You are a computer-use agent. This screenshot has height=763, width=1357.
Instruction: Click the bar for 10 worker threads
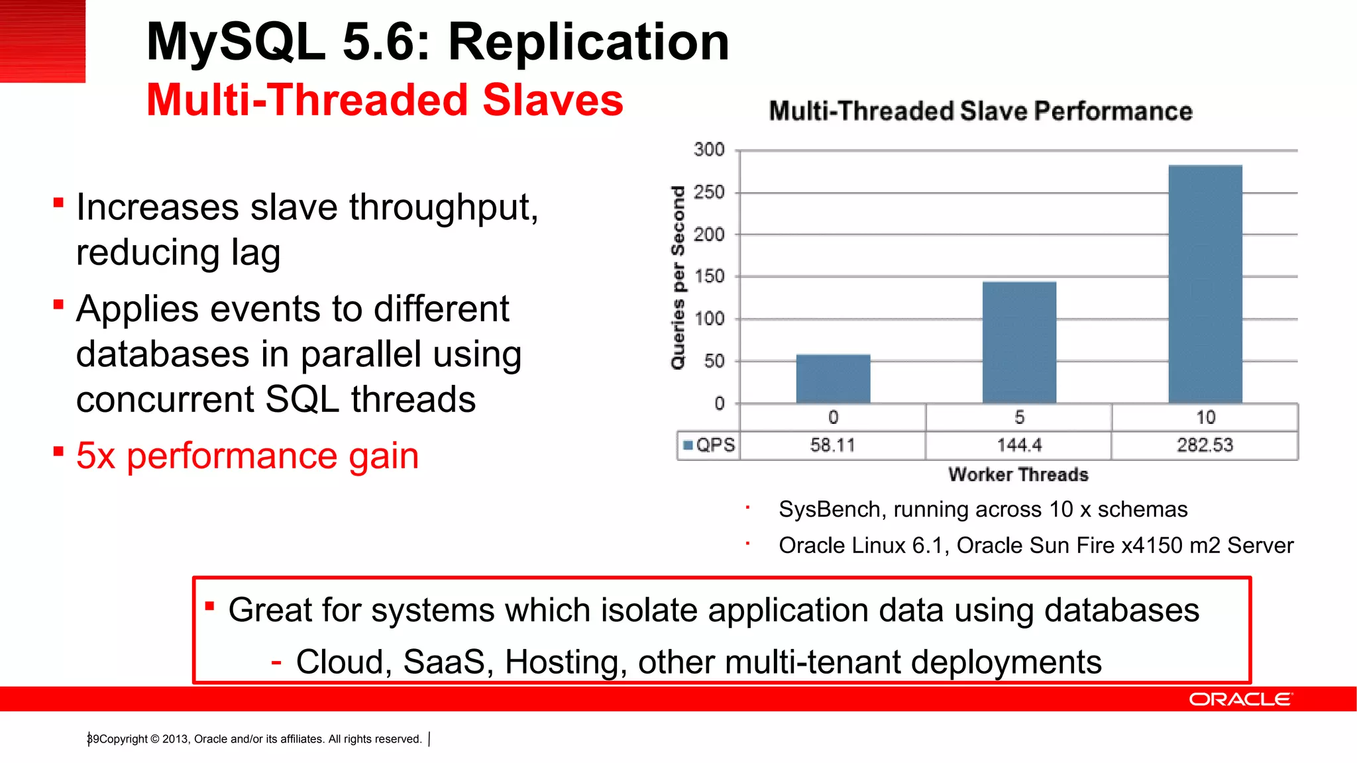(x=1205, y=285)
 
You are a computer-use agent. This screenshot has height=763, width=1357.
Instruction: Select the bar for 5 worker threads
(x=1019, y=342)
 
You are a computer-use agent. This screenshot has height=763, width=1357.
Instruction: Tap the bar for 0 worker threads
(x=833, y=379)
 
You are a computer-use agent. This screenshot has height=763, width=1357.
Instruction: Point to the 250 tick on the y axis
(x=709, y=193)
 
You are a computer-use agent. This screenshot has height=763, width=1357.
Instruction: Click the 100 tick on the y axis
(x=709, y=319)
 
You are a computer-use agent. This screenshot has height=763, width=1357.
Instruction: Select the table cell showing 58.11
(x=832, y=445)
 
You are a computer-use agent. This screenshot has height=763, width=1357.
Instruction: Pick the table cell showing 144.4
(x=1019, y=445)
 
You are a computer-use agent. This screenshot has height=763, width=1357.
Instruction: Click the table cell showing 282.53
(x=1205, y=445)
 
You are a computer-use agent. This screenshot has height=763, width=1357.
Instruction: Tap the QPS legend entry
(x=709, y=445)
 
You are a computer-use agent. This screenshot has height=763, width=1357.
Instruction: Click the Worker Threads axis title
(x=1018, y=475)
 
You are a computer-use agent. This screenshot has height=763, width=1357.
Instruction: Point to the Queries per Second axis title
(x=678, y=278)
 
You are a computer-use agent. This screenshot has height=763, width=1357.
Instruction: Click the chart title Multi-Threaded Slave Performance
(x=981, y=111)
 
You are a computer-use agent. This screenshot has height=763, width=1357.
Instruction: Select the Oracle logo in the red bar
(x=1240, y=699)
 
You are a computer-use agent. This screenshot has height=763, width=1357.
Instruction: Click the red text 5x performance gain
(x=247, y=456)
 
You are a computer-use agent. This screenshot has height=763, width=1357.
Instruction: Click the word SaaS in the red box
(x=444, y=662)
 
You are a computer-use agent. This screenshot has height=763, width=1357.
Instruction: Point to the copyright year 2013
(x=176, y=739)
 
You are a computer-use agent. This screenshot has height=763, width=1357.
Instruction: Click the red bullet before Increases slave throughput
(x=58, y=202)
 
